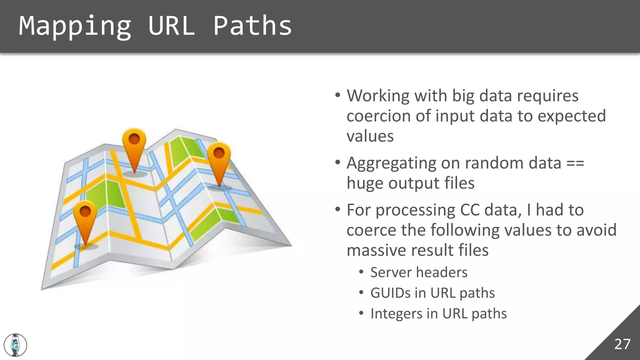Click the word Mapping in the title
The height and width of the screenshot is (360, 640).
point(75,26)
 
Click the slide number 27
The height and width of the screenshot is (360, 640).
point(622,344)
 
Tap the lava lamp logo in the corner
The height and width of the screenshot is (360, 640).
point(15,345)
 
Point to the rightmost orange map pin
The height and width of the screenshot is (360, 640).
point(219,159)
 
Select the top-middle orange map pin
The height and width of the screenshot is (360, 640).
point(134,145)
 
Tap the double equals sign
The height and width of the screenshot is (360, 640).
point(575,163)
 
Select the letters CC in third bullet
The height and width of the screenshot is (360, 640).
point(470,210)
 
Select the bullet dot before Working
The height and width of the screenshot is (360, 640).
point(337,95)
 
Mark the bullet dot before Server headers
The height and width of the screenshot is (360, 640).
point(361,272)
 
